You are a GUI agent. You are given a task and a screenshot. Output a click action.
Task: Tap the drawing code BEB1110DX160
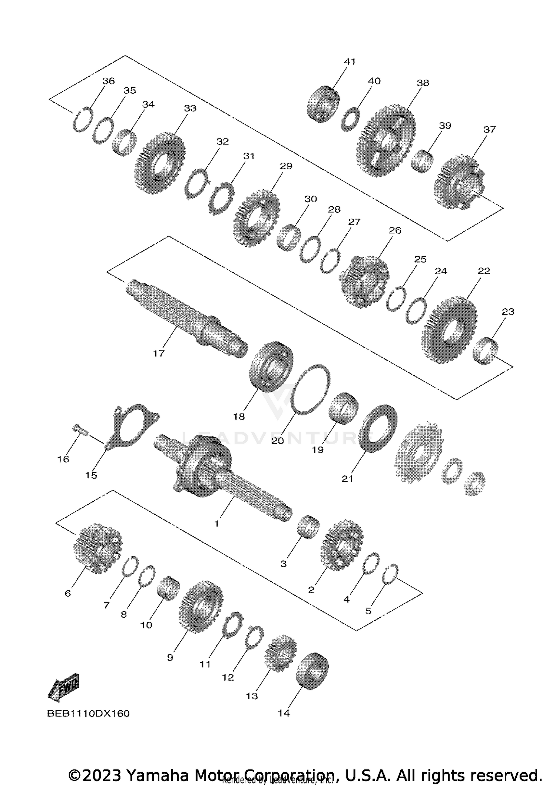(88, 713)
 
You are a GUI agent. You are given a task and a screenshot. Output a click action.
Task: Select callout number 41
(350, 62)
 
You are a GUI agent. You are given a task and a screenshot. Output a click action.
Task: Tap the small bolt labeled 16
(79, 431)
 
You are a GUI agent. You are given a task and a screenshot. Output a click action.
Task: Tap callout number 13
(252, 696)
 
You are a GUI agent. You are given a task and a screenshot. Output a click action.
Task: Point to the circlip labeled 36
(82, 119)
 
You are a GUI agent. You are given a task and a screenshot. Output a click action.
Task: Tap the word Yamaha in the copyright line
(158, 775)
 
